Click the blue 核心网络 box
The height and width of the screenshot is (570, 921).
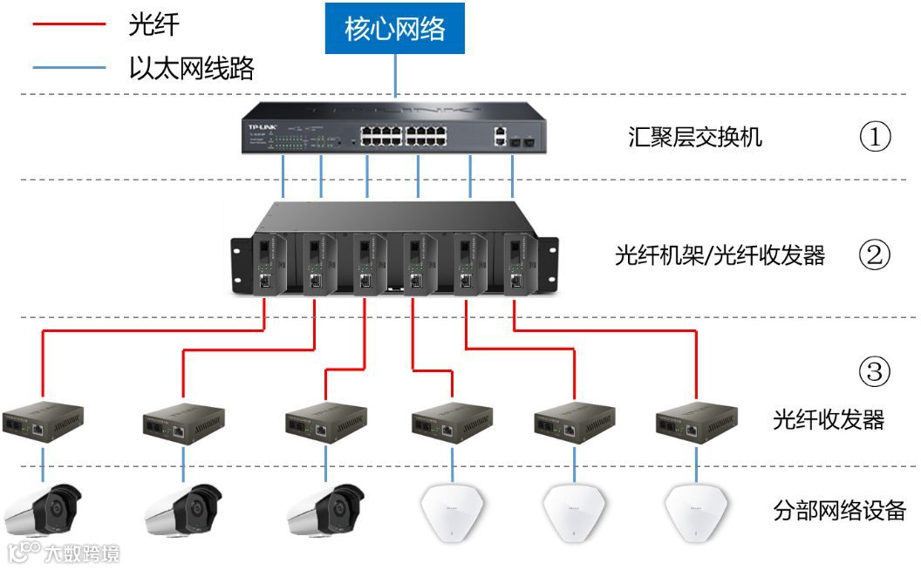395,29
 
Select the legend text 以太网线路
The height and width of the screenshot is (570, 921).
191,67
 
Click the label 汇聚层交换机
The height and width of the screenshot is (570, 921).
694,137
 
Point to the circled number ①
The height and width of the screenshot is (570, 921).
875,137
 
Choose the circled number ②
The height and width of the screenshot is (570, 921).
875,255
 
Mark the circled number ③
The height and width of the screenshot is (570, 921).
875,373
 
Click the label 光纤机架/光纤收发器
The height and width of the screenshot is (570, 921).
720,255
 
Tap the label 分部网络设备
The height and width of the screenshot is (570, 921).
839,510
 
